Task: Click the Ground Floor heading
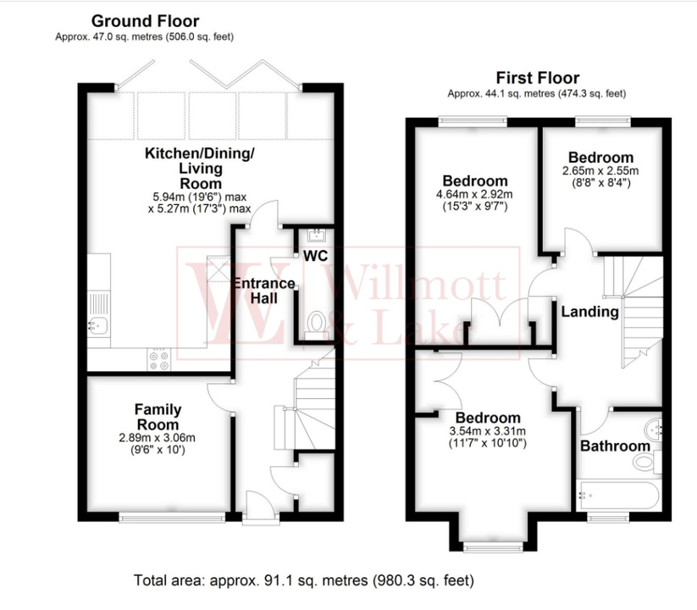[x=145, y=20]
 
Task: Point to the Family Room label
[x=158, y=417]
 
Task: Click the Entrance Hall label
[x=265, y=291]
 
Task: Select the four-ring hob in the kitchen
[x=158, y=360]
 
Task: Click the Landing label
[x=590, y=312]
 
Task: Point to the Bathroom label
[x=616, y=446]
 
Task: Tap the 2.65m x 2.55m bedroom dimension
[x=600, y=170]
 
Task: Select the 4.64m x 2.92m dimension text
[x=476, y=194]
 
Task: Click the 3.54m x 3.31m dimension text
[x=488, y=431]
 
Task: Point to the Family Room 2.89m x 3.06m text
[x=158, y=438]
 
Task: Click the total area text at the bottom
[x=304, y=581]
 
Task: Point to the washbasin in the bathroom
[x=654, y=426]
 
